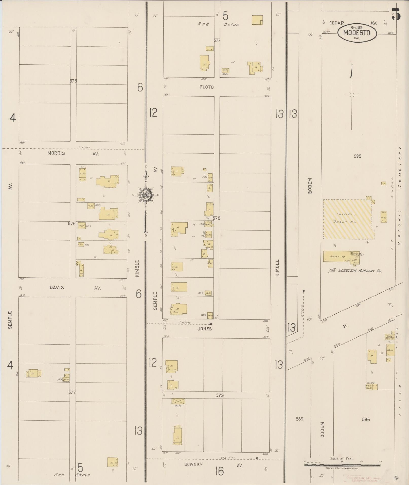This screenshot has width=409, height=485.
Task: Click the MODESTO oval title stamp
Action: (357, 33)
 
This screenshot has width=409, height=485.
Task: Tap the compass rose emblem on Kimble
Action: (146, 195)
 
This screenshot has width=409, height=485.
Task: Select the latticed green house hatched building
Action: (349, 219)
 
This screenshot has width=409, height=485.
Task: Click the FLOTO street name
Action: (207, 87)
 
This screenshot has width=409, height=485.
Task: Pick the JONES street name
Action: (204, 329)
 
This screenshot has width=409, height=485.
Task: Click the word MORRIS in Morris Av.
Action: (56, 153)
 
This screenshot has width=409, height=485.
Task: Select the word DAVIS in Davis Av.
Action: (57, 288)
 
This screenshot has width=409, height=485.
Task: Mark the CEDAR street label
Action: (336, 23)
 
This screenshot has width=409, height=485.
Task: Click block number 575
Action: (73, 81)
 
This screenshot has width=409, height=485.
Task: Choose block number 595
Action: (357, 156)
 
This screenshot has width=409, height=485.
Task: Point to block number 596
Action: (366, 420)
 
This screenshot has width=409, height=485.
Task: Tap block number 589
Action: (299, 419)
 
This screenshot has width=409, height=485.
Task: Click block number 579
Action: (220, 395)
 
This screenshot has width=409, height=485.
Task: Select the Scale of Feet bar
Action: (342, 465)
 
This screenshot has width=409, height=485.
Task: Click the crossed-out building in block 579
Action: (178, 401)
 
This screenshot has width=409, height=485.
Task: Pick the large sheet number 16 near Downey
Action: (219, 471)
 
